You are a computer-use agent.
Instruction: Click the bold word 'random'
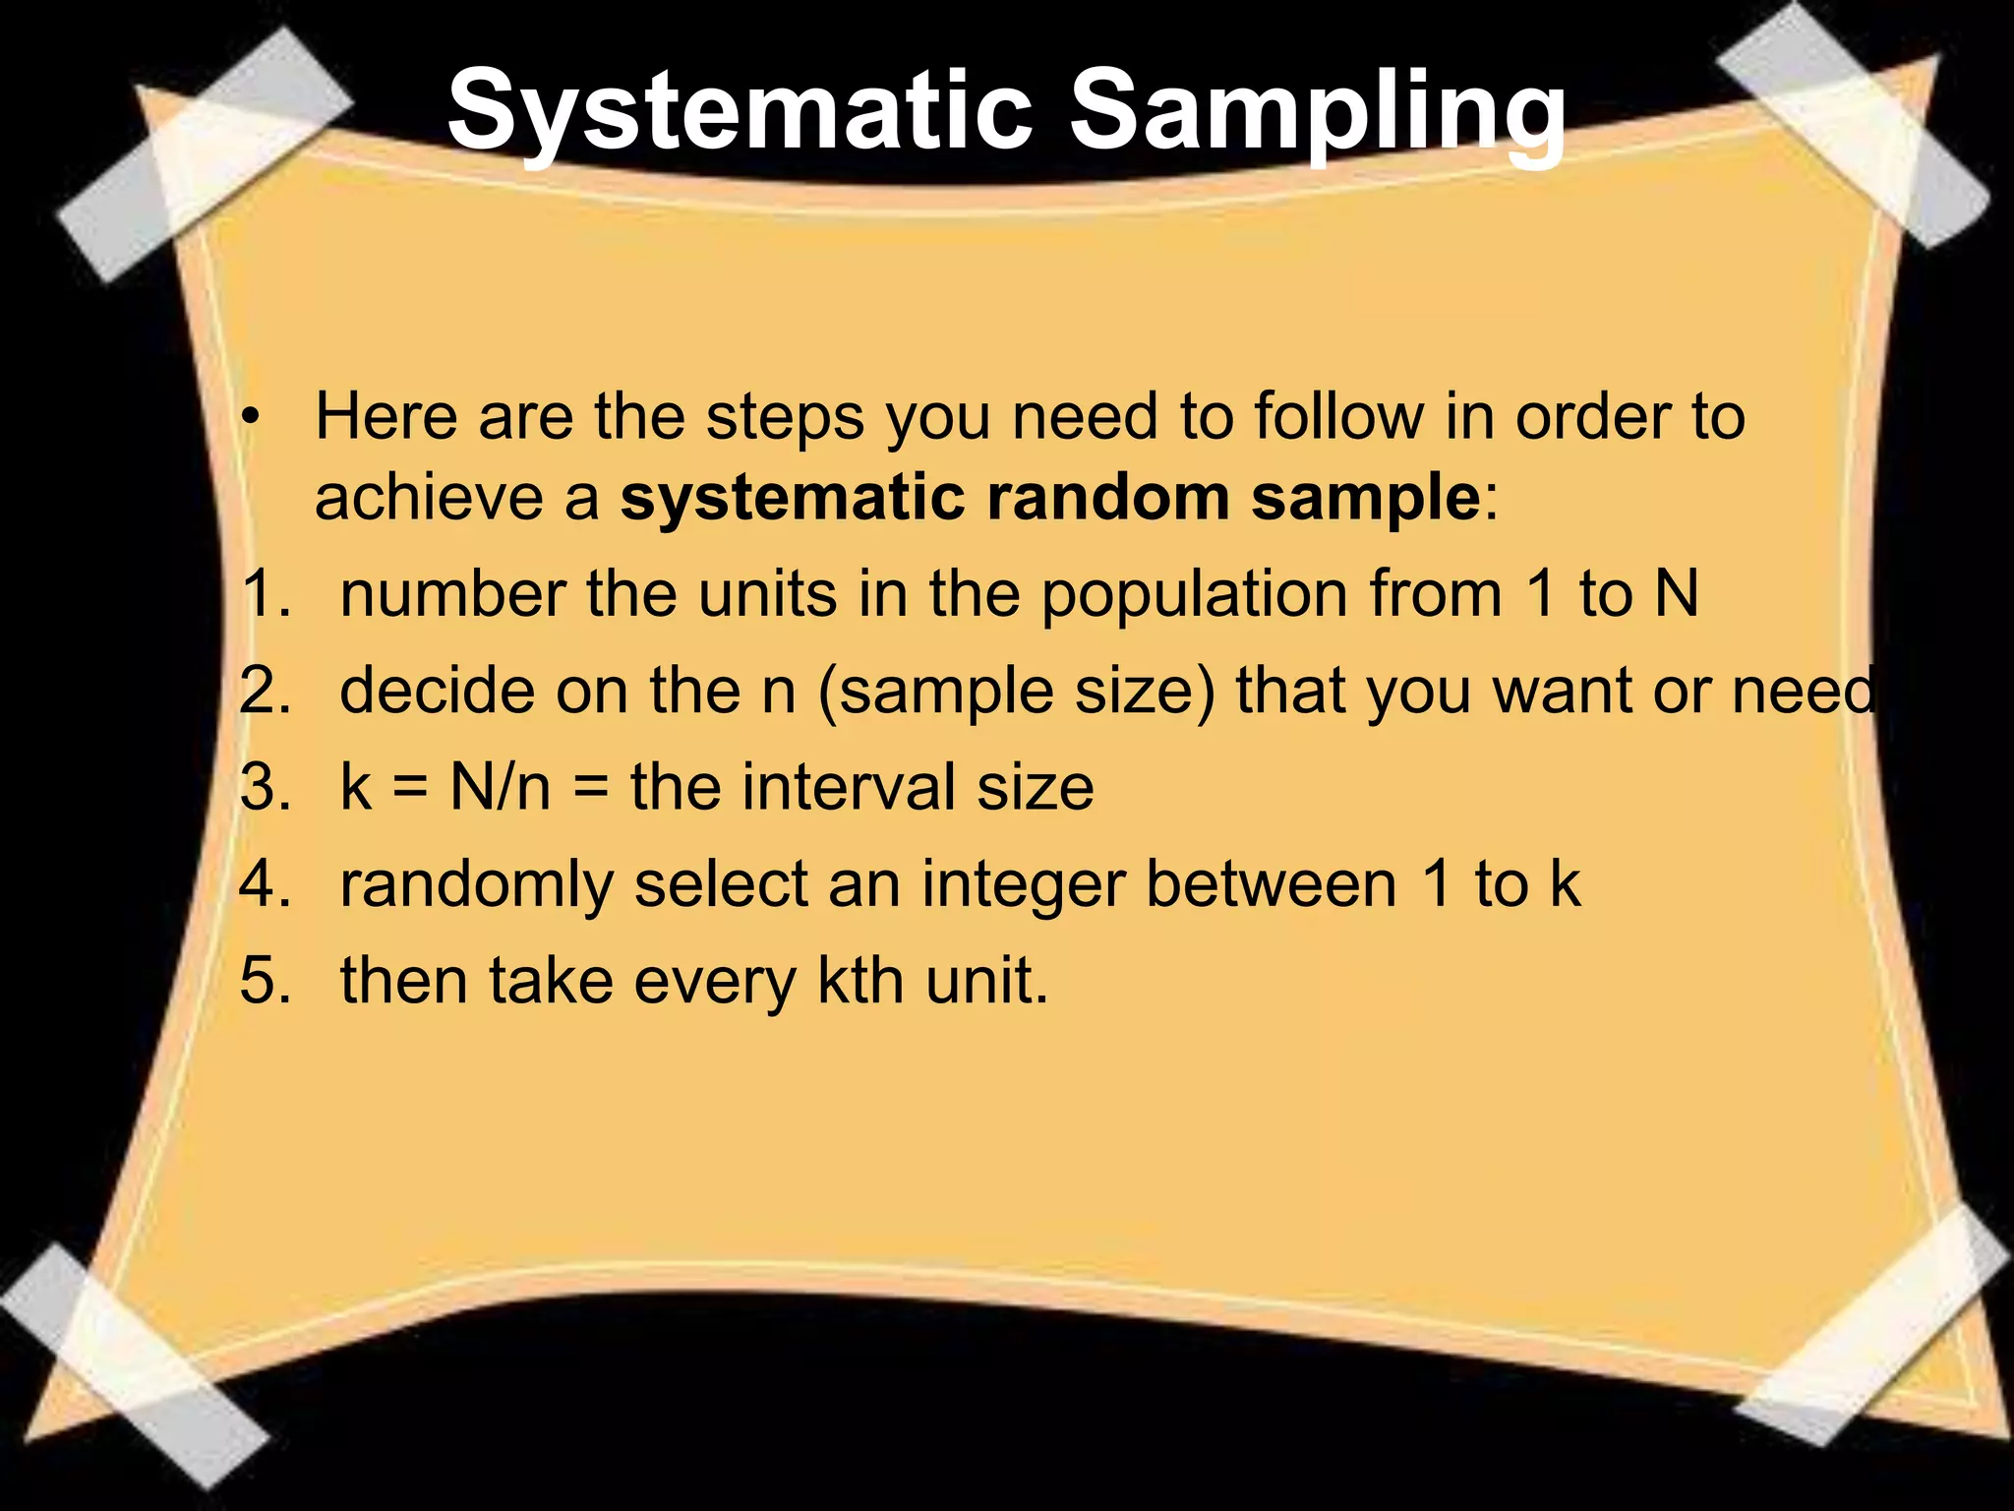(x=1107, y=497)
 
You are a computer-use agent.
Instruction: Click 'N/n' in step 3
(x=500, y=787)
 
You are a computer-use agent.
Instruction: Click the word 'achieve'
(x=429, y=497)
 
